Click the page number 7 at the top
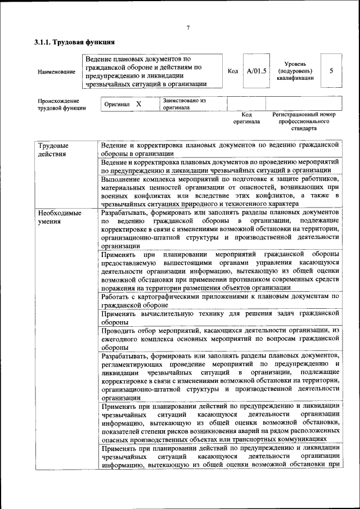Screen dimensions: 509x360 coord(188,28)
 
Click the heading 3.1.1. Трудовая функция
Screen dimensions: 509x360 coord(74,42)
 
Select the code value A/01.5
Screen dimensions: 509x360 coord(256,71)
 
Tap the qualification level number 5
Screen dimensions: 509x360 coord(331,71)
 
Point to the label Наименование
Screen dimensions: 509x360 coord(56,72)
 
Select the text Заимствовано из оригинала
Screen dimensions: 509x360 coord(184,103)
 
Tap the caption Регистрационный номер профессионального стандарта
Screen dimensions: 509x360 coord(303,121)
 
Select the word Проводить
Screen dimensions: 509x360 coord(119,330)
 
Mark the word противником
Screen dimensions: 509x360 coord(228,279)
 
